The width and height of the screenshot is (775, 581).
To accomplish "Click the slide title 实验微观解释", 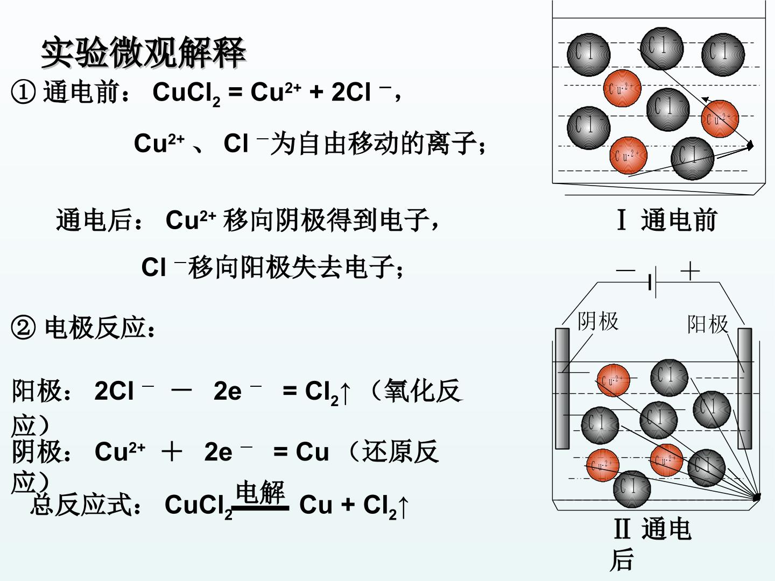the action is coord(143,53).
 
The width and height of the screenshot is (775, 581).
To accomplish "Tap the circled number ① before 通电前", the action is coord(23,93).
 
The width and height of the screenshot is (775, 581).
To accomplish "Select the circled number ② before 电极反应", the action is coord(23,328).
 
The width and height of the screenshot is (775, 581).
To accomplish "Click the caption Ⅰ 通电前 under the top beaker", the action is coord(667,220).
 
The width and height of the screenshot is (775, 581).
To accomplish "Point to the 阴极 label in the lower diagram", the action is coord(598,321).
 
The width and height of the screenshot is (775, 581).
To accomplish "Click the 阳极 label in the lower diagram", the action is coord(708,324).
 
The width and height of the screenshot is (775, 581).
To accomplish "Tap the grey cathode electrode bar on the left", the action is coord(562,388).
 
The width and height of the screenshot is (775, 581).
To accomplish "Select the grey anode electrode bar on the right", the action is coord(745,388).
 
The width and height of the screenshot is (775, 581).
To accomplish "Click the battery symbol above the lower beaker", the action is coord(652,282).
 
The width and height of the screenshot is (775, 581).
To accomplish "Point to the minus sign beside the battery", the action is coord(625,271).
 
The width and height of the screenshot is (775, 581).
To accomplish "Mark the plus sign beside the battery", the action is coord(690,271).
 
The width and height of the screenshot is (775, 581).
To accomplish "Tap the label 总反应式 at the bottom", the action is coord(82,505).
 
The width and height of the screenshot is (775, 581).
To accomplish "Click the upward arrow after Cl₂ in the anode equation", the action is coord(345,393).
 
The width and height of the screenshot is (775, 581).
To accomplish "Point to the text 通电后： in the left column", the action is coord(99,220).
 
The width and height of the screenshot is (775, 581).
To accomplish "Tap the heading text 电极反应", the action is coord(95,328).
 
